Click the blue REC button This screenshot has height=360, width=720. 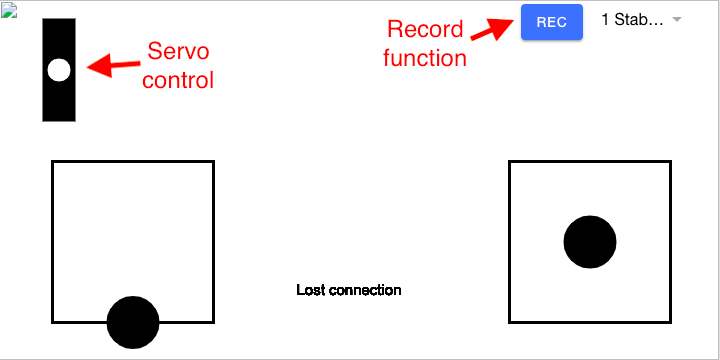click(x=551, y=21)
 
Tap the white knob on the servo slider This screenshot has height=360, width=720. click(x=59, y=70)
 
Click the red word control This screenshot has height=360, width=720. click(x=178, y=79)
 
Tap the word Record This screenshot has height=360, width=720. click(x=425, y=30)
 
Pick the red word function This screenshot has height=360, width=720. click(x=425, y=58)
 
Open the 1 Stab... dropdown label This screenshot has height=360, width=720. click(x=631, y=20)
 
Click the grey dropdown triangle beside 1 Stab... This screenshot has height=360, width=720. click(x=677, y=20)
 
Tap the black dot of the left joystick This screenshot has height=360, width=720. click(x=133, y=322)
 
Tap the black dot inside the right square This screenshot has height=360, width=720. click(x=590, y=242)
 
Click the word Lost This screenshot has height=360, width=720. click(x=310, y=290)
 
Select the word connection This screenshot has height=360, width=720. click(x=364, y=290)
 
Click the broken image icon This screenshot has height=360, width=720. click(x=9, y=8)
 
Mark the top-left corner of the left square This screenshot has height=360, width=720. click(x=53, y=162)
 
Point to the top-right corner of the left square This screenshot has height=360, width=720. click(x=213, y=162)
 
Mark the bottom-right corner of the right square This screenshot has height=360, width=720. click(x=670, y=322)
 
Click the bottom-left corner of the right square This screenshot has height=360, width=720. click(x=510, y=322)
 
